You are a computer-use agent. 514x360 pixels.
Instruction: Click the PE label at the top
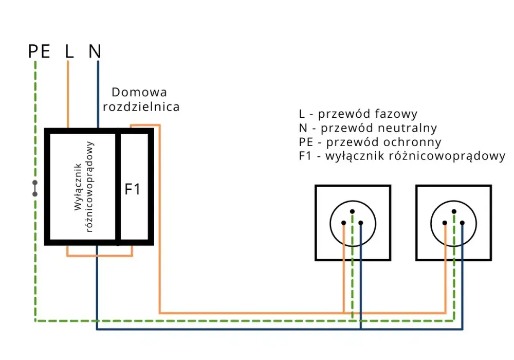tap(40, 51)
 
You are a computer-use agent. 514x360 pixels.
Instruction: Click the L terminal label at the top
tap(69, 51)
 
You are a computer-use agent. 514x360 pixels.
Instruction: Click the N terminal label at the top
tap(95, 51)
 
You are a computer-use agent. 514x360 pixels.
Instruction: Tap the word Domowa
tap(139, 92)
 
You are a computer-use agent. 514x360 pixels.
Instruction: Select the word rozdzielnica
tap(141, 107)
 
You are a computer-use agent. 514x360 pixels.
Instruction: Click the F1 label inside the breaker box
tap(133, 189)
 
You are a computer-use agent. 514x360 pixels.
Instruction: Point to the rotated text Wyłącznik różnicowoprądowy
tap(84, 187)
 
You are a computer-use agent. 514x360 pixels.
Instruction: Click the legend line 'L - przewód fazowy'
tap(358, 114)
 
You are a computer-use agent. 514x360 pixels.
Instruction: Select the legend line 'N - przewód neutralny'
tap(368, 128)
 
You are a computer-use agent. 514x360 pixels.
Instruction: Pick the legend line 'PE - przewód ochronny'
tap(370, 142)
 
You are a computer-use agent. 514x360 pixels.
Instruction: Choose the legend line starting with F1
tap(402, 156)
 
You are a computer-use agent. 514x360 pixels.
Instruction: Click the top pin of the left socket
tap(353, 211)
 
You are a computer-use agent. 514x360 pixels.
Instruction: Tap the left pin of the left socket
tap(343, 223)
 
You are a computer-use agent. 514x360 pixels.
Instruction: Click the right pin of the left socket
tap(361, 223)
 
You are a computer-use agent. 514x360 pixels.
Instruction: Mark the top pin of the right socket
tap(454, 211)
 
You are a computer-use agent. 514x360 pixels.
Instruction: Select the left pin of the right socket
tap(445, 223)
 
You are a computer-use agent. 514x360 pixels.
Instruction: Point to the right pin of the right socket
tap(462, 223)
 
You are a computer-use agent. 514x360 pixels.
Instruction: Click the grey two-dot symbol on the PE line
tap(35, 188)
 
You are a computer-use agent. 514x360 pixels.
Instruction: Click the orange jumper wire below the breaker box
tap(100, 256)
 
